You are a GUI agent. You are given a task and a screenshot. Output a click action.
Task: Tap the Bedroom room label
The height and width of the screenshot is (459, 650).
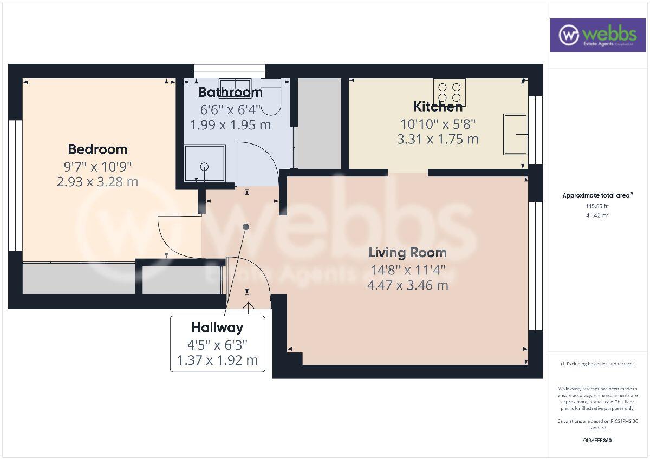click(x=97, y=149)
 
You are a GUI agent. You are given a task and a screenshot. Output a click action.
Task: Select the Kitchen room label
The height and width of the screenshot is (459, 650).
click(x=438, y=106)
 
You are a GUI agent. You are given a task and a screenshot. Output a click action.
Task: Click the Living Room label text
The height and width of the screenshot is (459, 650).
click(x=407, y=252)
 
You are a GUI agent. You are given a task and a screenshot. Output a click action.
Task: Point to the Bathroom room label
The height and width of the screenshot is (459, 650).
click(x=230, y=92)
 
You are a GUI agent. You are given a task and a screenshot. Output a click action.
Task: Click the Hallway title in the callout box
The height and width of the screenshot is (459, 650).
click(x=217, y=327)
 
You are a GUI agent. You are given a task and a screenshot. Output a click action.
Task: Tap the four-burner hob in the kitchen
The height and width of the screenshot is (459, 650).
click(x=449, y=93)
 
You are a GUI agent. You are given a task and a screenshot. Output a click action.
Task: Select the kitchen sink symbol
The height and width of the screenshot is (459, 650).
click(x=515, y=134)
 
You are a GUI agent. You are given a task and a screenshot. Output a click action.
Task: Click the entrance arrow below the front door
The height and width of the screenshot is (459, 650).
click(x=248, y=307)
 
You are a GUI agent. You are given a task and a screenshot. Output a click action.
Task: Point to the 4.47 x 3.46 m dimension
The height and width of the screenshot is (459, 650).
click(x=407, y=285)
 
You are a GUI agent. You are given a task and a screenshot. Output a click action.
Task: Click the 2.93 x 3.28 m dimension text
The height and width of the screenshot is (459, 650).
click(x=97, y=181)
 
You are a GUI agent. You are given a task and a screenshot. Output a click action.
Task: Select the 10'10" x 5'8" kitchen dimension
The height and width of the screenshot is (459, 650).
click(x=438, y=123)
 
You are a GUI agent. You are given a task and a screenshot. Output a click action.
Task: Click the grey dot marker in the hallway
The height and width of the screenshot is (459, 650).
click(x=246, y=226)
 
